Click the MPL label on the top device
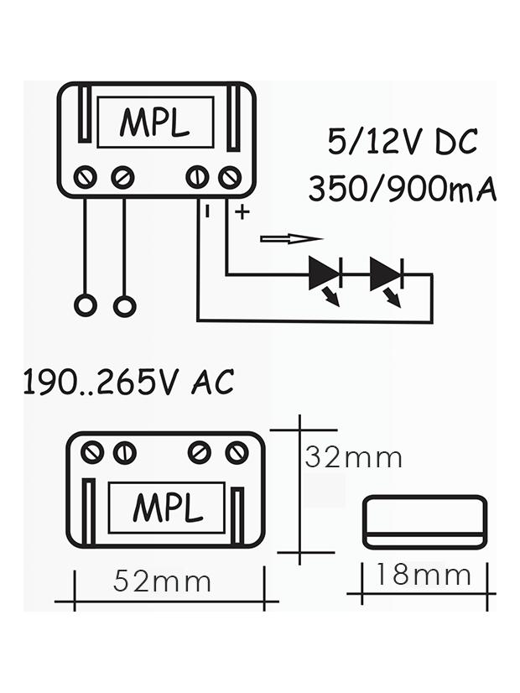(154, 122)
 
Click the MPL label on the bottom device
(168, 508)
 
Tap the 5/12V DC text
(403, 143)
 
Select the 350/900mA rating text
(402, 189)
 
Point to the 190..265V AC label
(127, 383)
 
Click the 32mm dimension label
(353, 457)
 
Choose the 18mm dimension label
(423, 576)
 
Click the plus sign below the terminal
(242, 212)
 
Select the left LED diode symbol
(325, 274)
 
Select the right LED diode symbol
(386, 274)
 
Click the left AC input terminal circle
(86, 305)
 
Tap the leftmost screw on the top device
(85, 177)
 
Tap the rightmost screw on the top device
(230, 177)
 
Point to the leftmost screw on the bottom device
(93, 453)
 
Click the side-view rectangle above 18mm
(424, 522)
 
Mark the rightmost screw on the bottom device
(237, 453)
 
